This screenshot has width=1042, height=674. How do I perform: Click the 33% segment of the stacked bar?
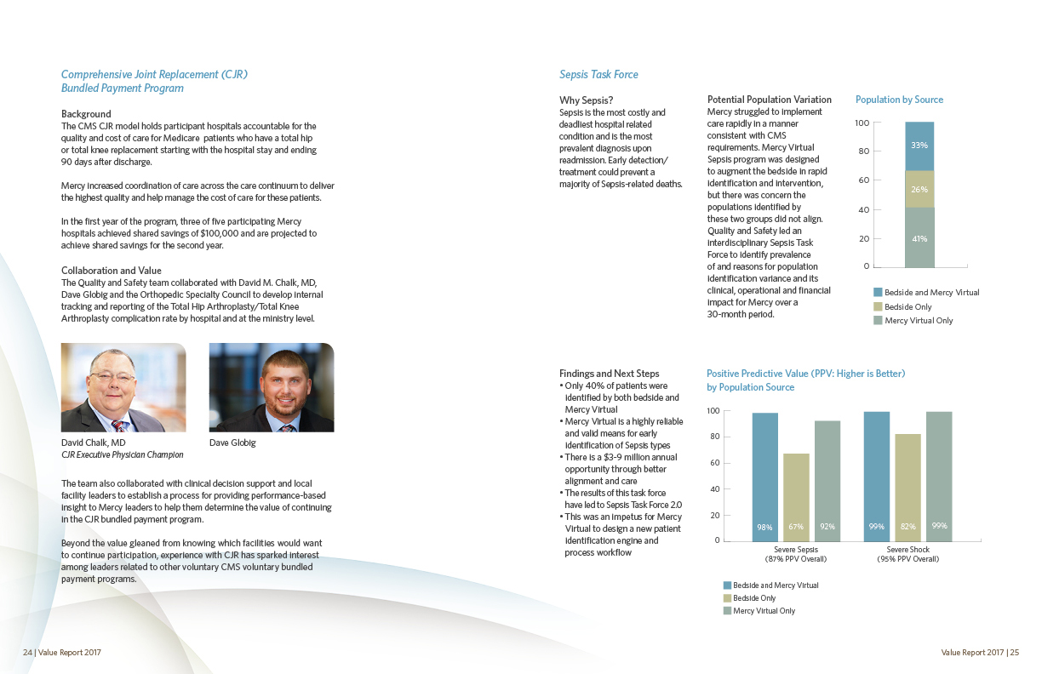[x=919, y=146]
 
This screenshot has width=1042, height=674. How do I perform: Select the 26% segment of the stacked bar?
[x=919, y=189]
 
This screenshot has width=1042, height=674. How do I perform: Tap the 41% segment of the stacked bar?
[x=919, y=237]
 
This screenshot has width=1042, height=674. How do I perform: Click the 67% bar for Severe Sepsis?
[x=796, y=497]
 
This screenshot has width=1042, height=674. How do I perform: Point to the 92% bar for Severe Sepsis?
[x=827, y=481]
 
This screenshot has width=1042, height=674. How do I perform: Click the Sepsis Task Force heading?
[x=598, y=75]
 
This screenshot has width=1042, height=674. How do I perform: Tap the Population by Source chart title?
[x=899, y=100]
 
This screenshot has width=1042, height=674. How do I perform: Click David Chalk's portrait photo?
[x=123, y=387]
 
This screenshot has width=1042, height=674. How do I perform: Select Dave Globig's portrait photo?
[x=272, y=387]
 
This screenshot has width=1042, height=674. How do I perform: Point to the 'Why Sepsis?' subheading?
[x=586, y=100]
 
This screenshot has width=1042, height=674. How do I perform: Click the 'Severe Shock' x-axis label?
[x=907, y=550]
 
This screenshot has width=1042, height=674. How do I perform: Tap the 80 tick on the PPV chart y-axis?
[x=713, y=437]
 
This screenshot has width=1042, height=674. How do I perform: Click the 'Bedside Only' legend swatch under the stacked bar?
[x=878, y=306]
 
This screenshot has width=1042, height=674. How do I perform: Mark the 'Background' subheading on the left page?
[x=86, y=114]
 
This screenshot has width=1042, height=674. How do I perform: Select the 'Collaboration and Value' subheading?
[x=111, y=271]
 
